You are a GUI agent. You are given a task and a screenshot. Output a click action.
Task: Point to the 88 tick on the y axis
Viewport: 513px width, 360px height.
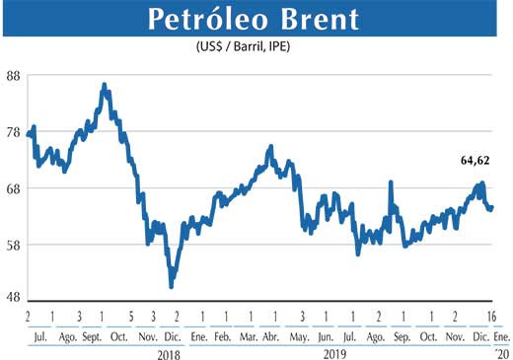[15, 76]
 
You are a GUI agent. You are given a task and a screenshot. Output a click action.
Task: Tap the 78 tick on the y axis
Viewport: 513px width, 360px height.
[15, 132]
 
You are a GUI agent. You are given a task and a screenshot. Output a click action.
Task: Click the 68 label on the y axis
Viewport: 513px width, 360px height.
[15, 188]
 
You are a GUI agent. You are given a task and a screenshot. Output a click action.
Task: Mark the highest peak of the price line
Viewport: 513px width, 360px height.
[105, 86]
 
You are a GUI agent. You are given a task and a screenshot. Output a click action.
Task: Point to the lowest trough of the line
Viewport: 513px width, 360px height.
[172, 286]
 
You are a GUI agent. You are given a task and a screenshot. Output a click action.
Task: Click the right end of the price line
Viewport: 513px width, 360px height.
[491, 207]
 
